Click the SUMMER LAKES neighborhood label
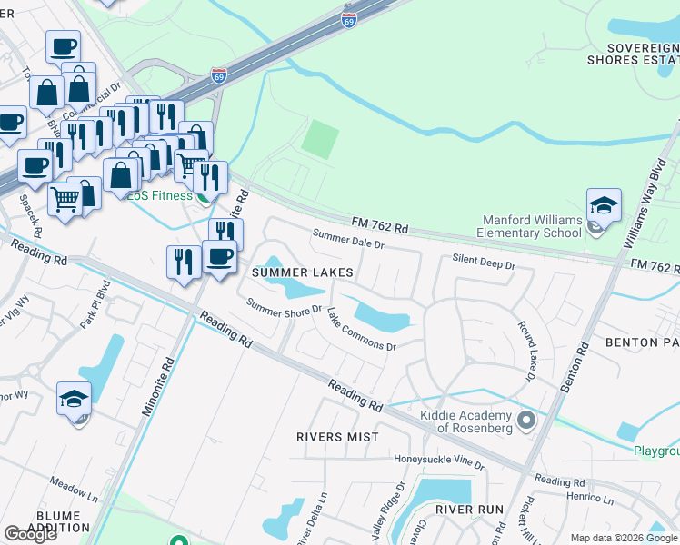pos(302,272)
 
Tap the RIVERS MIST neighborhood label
pos(337,437)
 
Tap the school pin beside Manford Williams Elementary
pos(603,208)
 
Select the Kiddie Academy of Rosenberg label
pos(468,421)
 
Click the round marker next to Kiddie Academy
pos(525,421)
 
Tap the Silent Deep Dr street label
pos(484,263)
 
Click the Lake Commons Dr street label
pos(362,330)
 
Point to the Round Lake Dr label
pos(529,343)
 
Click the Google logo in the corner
pos(30,534)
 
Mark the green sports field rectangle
pos(319,139)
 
